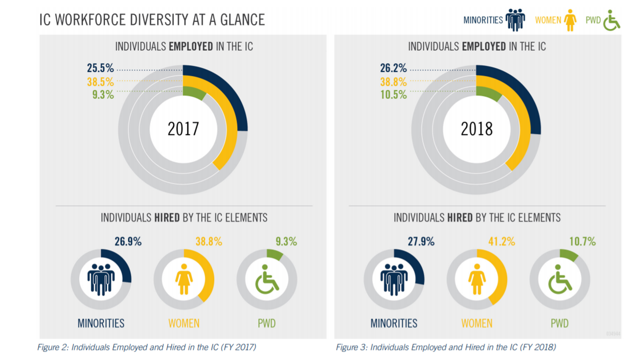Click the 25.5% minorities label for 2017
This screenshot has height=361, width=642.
point(100,68)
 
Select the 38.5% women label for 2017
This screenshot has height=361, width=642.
point(100,82)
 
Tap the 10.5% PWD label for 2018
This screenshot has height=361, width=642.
point(393,95)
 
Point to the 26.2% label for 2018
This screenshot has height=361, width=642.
point(393,68)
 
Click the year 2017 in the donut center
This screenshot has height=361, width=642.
point(183,129)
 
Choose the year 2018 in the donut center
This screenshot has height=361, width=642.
point(476,129)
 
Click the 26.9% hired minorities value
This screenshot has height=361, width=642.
point(128,241)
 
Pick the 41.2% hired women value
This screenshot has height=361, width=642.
point(502,241)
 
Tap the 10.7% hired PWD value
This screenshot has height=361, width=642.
point(582,241)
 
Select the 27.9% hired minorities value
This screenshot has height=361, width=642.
point(421,241)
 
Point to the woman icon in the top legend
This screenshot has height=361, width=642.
point(570,20)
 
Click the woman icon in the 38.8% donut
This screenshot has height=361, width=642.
point(184,279)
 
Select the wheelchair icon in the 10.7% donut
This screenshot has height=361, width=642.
point(559,279)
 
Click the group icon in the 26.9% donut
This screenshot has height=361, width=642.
point(101,279)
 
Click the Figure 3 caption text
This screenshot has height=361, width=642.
point(446,347)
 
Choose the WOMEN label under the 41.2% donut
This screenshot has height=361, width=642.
point(476,323)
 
